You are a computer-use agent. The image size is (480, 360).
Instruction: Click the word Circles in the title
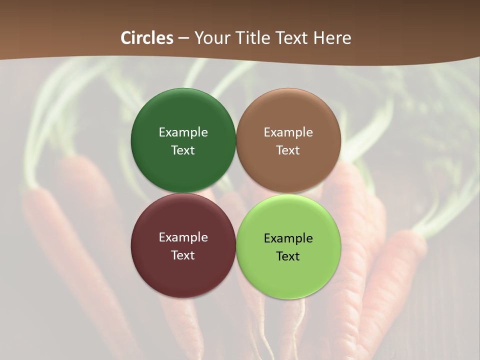[x=147, y=38]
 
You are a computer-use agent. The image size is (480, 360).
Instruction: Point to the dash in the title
[x=183, y=38]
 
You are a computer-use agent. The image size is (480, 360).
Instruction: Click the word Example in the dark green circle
[x=183, y=132]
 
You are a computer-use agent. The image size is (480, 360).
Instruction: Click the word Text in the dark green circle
[x=183, y=150]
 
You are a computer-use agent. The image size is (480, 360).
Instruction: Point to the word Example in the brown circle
[x=288, y=132]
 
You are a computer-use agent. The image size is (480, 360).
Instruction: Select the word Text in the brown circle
[x=288, y=150]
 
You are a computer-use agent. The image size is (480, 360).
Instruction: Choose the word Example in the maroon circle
[x=183, y=237]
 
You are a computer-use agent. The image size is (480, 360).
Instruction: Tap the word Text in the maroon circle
[x=183, y=255]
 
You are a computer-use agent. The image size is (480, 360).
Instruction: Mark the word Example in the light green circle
[x=288, y=238]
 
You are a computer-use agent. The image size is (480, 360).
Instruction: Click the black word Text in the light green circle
[x=288, y=256]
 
